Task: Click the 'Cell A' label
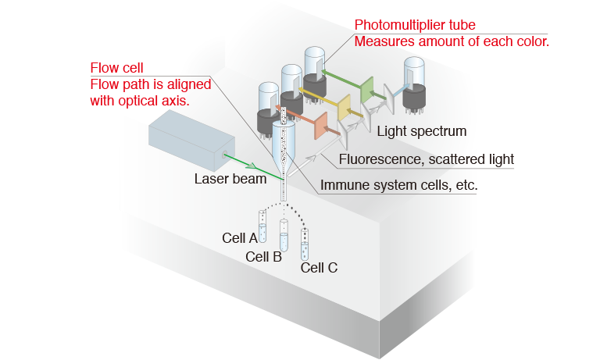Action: click(x=241, y=237)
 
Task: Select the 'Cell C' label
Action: click(x=320, y=268)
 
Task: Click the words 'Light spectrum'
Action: click(x=421, y=130)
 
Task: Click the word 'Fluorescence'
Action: click(x=376, y=159)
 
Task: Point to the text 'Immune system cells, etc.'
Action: click(x=399, y=185)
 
